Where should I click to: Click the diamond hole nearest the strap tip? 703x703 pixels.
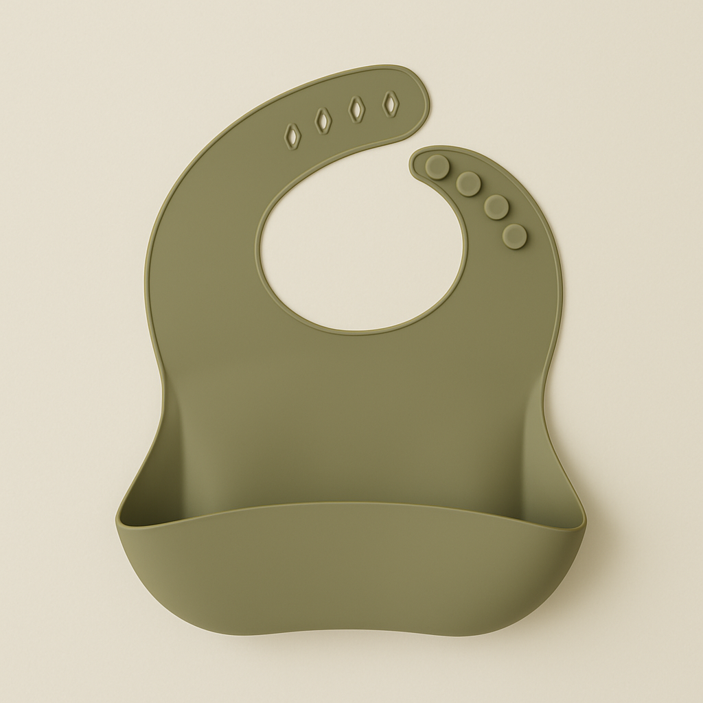click(391, 104)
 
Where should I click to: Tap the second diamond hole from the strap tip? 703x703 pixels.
click(357, 109)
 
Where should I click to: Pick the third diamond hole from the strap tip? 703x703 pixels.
click(323, 122)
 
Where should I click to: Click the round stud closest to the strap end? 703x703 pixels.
click(437, 167)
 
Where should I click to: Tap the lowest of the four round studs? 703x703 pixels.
click(514, 236)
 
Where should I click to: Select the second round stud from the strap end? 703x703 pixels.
click(468, 183)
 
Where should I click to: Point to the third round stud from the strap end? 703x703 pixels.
click(496, 207)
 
